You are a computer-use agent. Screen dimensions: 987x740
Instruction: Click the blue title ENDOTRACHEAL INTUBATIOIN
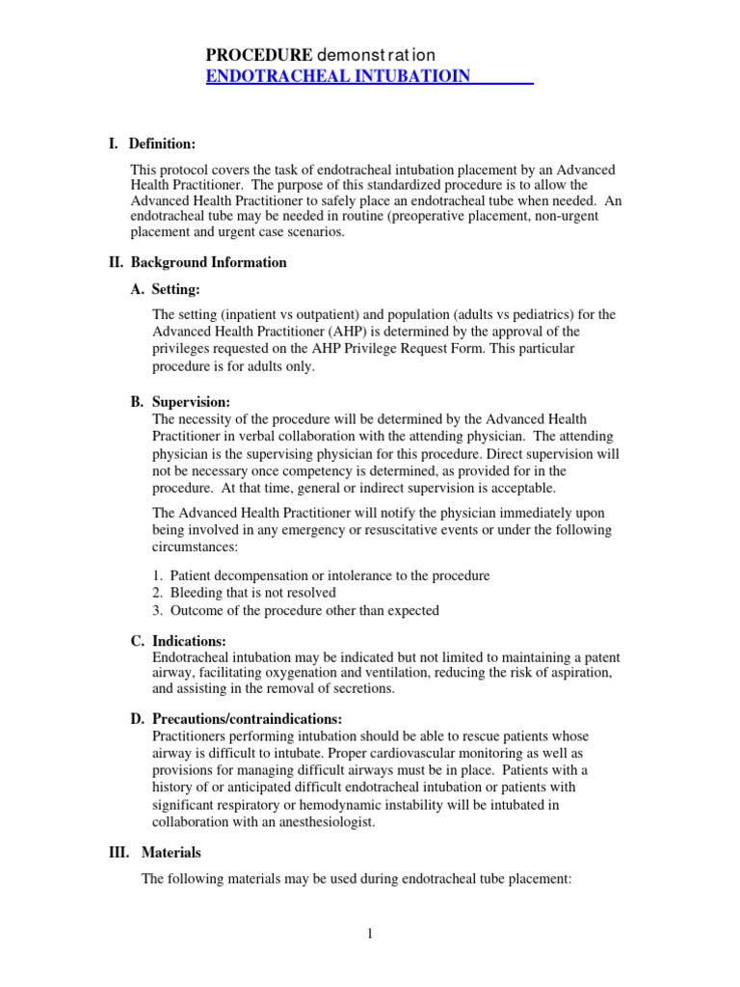338,76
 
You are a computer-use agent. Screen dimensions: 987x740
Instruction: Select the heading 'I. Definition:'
152,145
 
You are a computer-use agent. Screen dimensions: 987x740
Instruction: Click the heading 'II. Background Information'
197,262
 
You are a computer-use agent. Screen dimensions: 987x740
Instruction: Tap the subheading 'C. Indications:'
191,641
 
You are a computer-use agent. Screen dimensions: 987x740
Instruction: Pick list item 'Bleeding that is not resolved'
253,593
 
